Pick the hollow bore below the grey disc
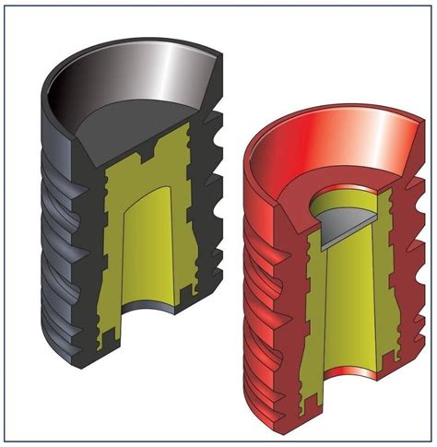pyautogui.click(x=355, y=295)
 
